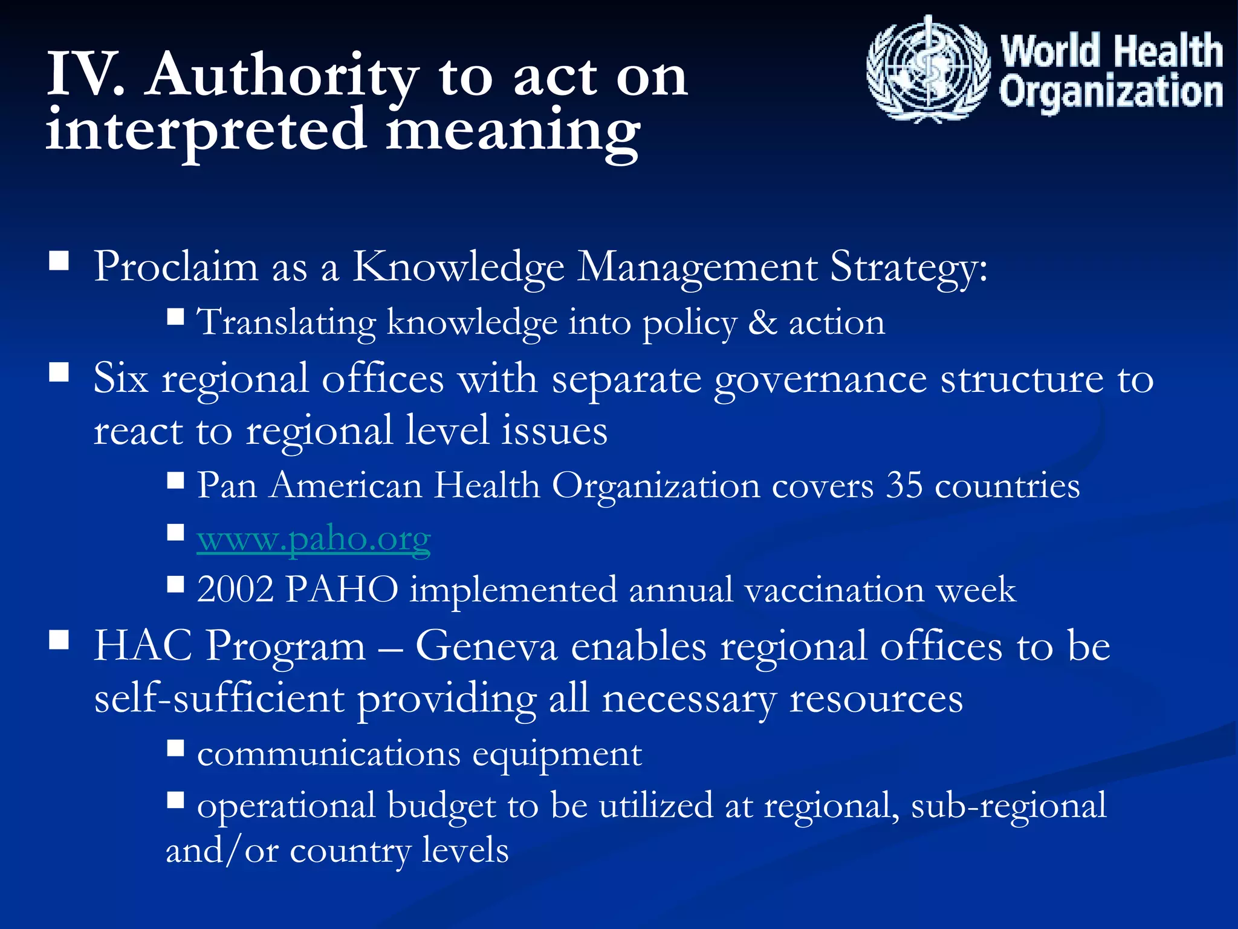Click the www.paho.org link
(314, 538)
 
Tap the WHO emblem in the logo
(928, 70)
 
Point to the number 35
(904, 485)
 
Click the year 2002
(235, 589)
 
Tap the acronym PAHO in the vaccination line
(342, 589)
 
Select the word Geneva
(486, 646)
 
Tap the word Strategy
(909, 267)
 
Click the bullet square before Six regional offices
(59, 372)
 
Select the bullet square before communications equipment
(175, 748)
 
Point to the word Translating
(287, 322)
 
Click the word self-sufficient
(219, 699)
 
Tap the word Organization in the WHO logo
(1111, 92)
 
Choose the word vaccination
(834, 589)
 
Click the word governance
(820, 380)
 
